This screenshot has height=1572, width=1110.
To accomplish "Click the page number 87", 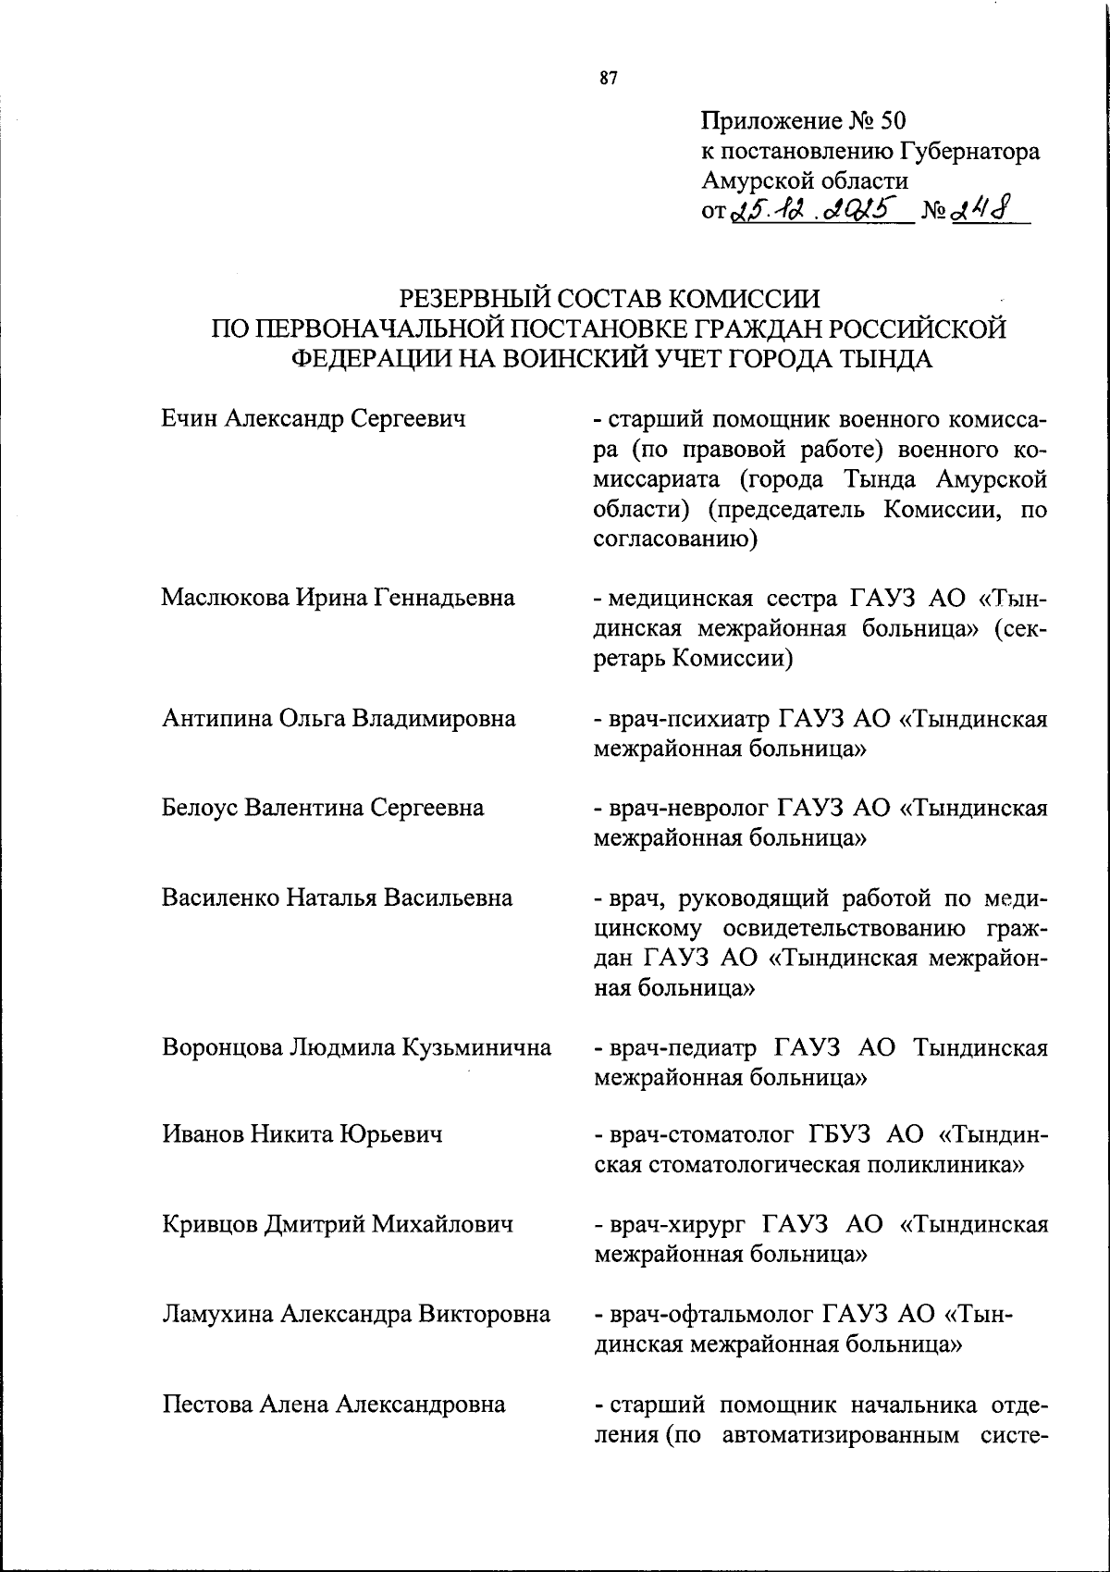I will point(608,79).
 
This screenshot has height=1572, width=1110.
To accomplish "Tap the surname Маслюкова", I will point(225,598).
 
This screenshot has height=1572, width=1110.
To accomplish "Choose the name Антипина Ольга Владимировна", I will point(339,718).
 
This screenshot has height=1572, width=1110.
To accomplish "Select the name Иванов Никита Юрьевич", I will point(302,1134).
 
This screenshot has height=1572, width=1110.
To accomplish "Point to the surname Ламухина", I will point(218,1314).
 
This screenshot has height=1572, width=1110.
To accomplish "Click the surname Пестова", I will point(206,1405).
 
